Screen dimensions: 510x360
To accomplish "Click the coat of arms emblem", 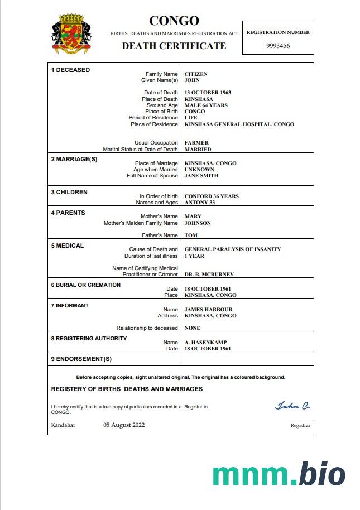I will (x=71, y=35).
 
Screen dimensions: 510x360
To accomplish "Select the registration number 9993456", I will (x=277, y=46).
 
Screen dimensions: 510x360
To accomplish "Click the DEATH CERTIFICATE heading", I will (x=174, y=46).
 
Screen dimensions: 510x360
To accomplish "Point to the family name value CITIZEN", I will (x=196, y=74).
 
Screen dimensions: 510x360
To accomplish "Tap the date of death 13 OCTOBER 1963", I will (x=208, y=93).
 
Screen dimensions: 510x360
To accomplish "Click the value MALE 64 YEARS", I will (x=206, y=105).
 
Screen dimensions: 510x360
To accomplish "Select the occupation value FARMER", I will (x=196, y=143).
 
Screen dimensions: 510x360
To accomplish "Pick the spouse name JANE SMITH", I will (x=201, y=176).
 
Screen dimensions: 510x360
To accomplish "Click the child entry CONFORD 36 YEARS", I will (x=212, y=196).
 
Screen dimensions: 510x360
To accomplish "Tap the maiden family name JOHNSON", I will (x=198, y=223).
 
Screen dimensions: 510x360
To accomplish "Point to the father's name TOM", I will (x=191, y=235).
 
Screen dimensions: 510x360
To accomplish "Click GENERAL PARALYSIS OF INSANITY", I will (x=233, y=249).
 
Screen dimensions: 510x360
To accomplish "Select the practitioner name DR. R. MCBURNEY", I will (x=209, y=275).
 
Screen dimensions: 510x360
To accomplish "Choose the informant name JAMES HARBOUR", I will (x=208, y=310).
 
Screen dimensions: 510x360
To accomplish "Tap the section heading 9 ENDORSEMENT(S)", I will (x=81, y=359).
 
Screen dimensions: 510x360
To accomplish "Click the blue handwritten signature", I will (x=292, y=406).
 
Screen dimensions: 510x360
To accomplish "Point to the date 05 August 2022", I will (x=124, y=425).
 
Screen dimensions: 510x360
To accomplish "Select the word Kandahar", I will (x=63, y=425).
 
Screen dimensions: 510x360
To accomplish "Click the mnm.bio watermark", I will (x=279, y=473).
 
